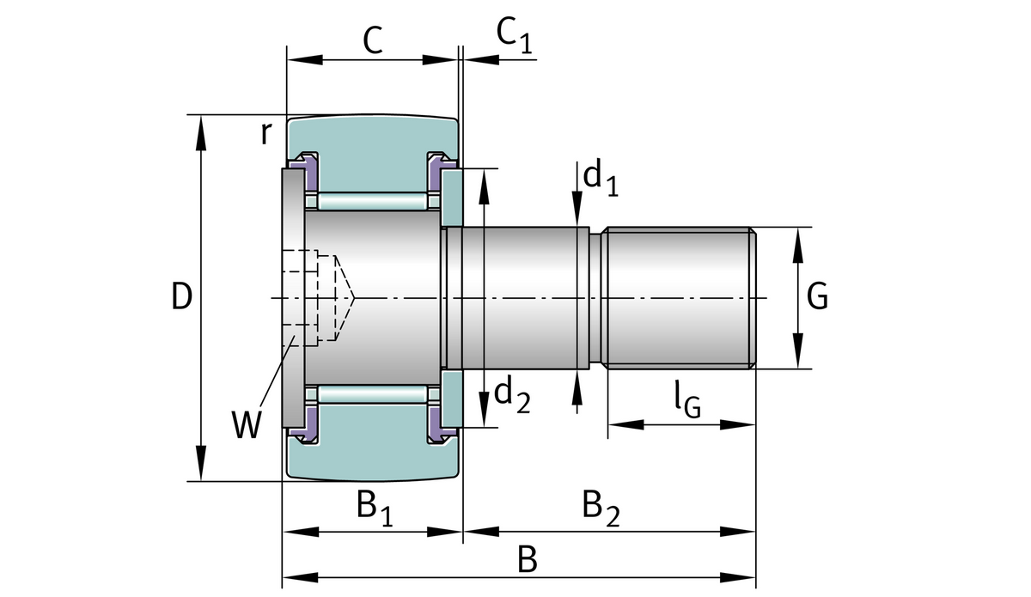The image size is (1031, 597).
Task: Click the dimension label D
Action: [180, 296]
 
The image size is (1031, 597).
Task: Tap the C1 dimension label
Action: [513, 36]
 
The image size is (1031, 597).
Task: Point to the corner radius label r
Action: [267, 133]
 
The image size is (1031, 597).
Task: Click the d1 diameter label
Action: [599, 178]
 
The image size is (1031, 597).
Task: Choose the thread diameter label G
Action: [818, 297]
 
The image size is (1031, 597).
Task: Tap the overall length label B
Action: [528, 561]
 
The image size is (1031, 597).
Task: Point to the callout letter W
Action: [246, 424]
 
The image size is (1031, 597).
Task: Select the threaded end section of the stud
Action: [679, 297]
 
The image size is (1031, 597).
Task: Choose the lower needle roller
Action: [371, 393]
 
